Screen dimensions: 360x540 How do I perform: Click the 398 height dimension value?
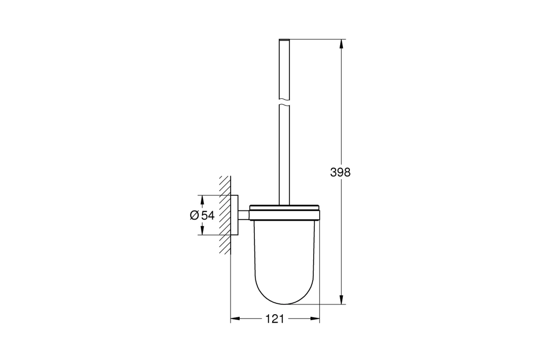341,173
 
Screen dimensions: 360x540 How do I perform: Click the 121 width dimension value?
275,319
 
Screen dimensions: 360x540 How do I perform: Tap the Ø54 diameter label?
202,215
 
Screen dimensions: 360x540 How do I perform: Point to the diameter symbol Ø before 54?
195,215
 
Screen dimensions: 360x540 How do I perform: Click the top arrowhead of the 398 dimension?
341,44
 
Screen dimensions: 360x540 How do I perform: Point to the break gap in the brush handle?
285,102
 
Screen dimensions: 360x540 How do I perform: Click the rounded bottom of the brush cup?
286,300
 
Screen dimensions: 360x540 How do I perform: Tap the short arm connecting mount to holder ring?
244,215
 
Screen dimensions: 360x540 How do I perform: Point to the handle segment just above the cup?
285,178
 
